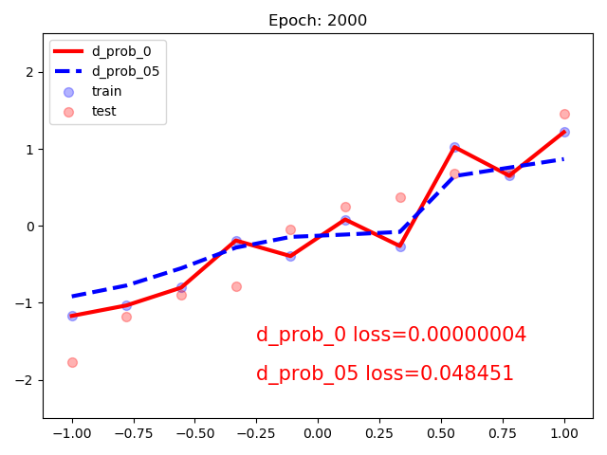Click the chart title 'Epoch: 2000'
[318, 21]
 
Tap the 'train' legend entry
[105, 91]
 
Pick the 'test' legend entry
[103, 111]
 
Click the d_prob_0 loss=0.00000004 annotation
[391, 335]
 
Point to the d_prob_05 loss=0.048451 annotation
[384, 373]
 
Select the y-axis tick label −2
[28, 380]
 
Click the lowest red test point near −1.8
[72, 362]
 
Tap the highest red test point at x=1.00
[564, 114]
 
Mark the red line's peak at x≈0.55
[454, 147]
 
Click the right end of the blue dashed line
[564, 159]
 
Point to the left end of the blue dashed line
[72, 297]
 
